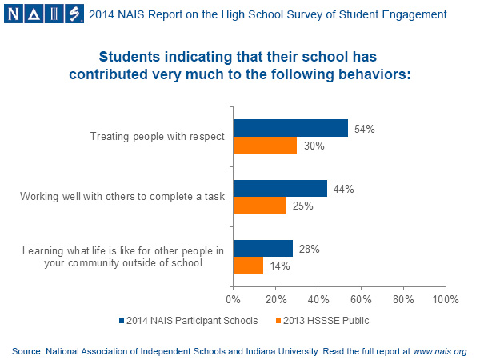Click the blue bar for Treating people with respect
(290, 128)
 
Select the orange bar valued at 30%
(265, 146)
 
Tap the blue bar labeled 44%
(280, 188)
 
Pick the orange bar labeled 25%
(259, 206)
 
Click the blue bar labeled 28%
(262, 249)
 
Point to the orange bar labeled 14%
(248, 266)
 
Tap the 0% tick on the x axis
(233, 300)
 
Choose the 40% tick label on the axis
(318, 300)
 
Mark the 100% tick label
(444, 300)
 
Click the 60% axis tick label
(360, 300)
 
